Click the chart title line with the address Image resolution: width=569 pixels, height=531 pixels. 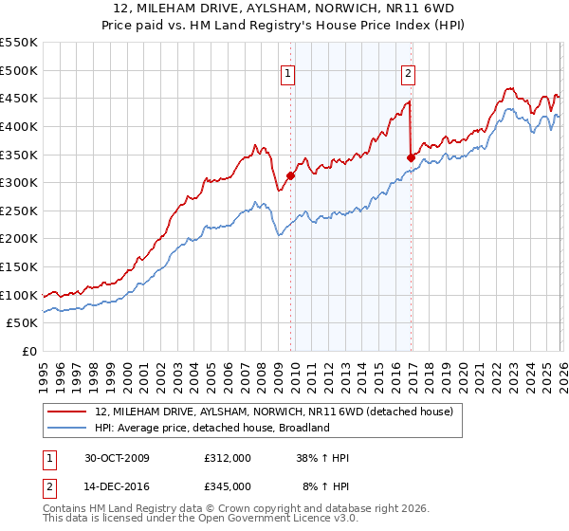click(284, 9)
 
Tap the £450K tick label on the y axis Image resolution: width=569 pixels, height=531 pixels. click(19, 98)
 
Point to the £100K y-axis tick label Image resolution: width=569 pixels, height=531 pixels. click(19, 295)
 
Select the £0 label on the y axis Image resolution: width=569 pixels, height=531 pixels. click(28, 351)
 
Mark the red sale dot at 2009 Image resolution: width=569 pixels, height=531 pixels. click(291, 175)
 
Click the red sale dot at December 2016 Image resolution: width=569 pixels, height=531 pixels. click(411, 157)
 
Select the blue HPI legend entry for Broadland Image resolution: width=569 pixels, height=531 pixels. click(211, 428)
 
